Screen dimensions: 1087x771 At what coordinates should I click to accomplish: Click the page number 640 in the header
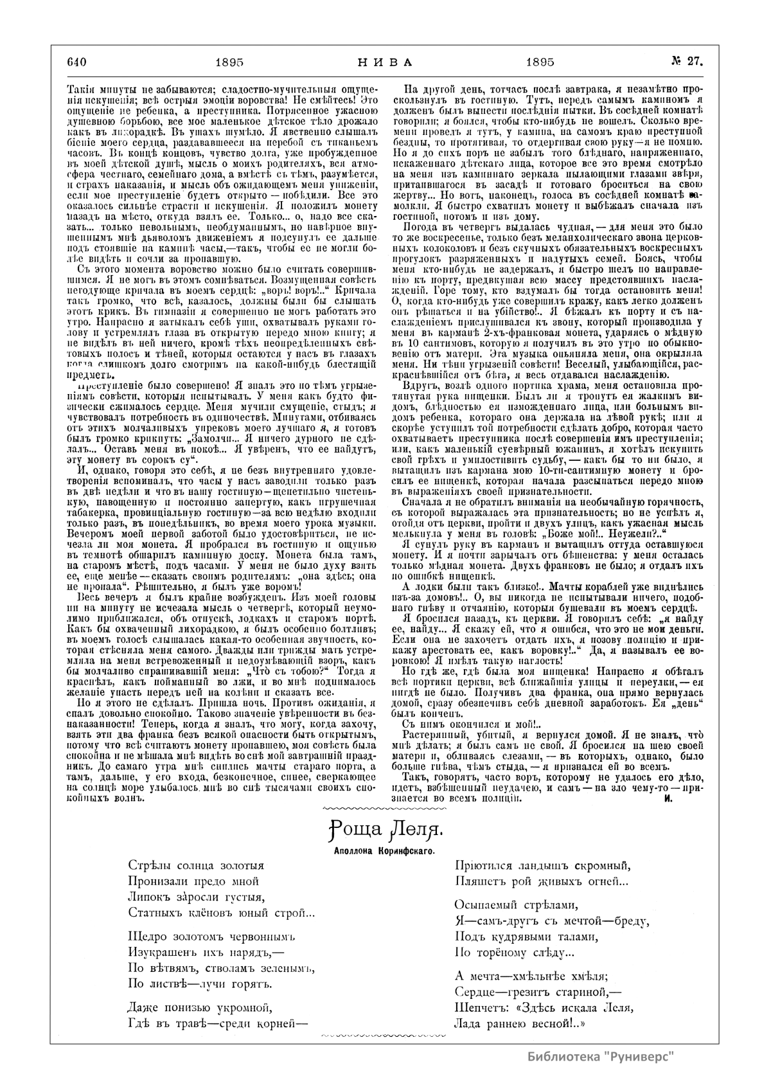(76, 62)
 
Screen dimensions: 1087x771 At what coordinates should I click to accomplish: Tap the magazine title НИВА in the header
(384, 62)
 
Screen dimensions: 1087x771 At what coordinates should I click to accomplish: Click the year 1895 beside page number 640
(229, 62)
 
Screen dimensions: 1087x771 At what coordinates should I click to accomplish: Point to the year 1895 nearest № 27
(540, 62)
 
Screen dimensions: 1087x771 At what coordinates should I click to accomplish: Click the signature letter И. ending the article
(668, 798)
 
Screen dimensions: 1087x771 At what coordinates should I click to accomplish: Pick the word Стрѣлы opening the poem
(147, 866)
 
